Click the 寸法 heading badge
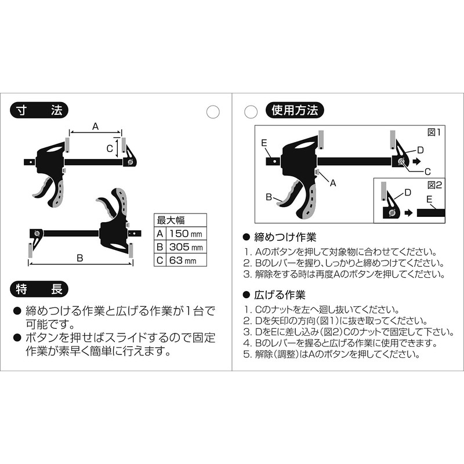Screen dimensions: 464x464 click(39, 111)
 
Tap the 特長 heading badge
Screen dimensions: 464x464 click(39, 289)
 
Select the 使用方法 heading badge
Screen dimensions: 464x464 click(295, 110)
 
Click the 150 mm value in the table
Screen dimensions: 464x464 click(186, 234)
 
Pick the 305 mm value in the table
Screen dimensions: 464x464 click(186, 247)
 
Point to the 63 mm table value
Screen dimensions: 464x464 click(183, 260)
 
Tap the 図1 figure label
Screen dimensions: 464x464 click(434, 132)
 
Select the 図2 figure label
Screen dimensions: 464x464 click(434, 185)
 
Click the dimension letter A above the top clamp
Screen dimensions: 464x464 click(95, 126)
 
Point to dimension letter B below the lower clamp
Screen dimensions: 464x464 click(80, 258)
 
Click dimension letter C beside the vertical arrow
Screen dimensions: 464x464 click(110, 148)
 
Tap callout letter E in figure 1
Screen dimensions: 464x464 click(264, 143)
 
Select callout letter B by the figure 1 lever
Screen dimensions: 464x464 click(269, 197)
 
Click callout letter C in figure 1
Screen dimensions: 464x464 click(427, 171)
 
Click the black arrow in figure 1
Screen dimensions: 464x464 click(416, 162)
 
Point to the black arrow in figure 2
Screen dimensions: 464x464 click(408, 213)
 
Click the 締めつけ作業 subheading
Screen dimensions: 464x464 click(285, 237)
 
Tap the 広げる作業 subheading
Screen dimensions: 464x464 click(280, 295)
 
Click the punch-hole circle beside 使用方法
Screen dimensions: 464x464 click(251, 112)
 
